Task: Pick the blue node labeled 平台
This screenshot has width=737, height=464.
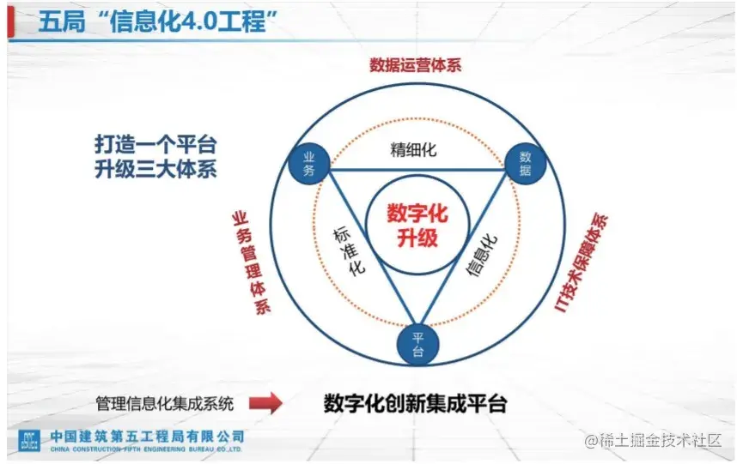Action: (417, 344)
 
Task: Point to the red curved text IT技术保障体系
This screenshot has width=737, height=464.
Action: (583, 262)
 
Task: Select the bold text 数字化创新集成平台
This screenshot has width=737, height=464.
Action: (415, 402)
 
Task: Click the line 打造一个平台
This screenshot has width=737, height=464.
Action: (155, 142)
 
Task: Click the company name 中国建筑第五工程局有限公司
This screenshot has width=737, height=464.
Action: (147, 435)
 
